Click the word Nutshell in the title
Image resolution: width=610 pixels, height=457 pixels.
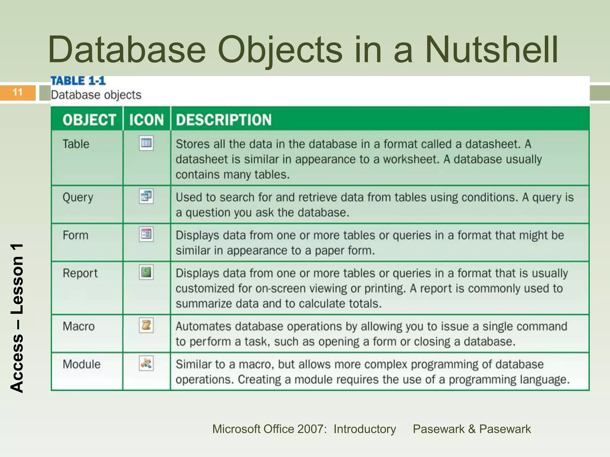coord(491,50)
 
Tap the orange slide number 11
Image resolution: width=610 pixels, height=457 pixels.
coord(18,92)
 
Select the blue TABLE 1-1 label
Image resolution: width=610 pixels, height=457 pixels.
coord(78,81)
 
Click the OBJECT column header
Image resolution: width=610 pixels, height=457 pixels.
coord(89,120)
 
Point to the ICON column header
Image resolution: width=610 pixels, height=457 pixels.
coord(147,120)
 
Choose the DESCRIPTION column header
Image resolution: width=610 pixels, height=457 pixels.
coord(224,120)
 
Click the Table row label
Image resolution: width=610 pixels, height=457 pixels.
coord(76,144)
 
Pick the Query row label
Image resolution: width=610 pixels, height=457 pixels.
coord(78,198)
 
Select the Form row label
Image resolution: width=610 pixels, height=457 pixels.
coord(76,235)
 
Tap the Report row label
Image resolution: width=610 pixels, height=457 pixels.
coord(80,273)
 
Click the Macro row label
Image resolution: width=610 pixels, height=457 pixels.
coord(79,326)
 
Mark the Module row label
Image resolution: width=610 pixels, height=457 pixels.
coord(82,364)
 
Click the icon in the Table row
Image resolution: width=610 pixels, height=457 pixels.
coord(146,143)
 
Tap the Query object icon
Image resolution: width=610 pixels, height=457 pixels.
coord(146,196)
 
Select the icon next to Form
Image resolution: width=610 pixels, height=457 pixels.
coord(146,234)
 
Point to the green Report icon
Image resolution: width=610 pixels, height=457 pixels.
coord(146,272)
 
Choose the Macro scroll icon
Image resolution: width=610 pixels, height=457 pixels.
coord(146,325)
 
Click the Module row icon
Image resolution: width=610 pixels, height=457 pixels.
coord(146,363)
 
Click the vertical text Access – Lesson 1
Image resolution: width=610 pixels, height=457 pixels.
coord(17,318)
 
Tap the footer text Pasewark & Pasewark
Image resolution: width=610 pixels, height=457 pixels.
coord(472,429)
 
